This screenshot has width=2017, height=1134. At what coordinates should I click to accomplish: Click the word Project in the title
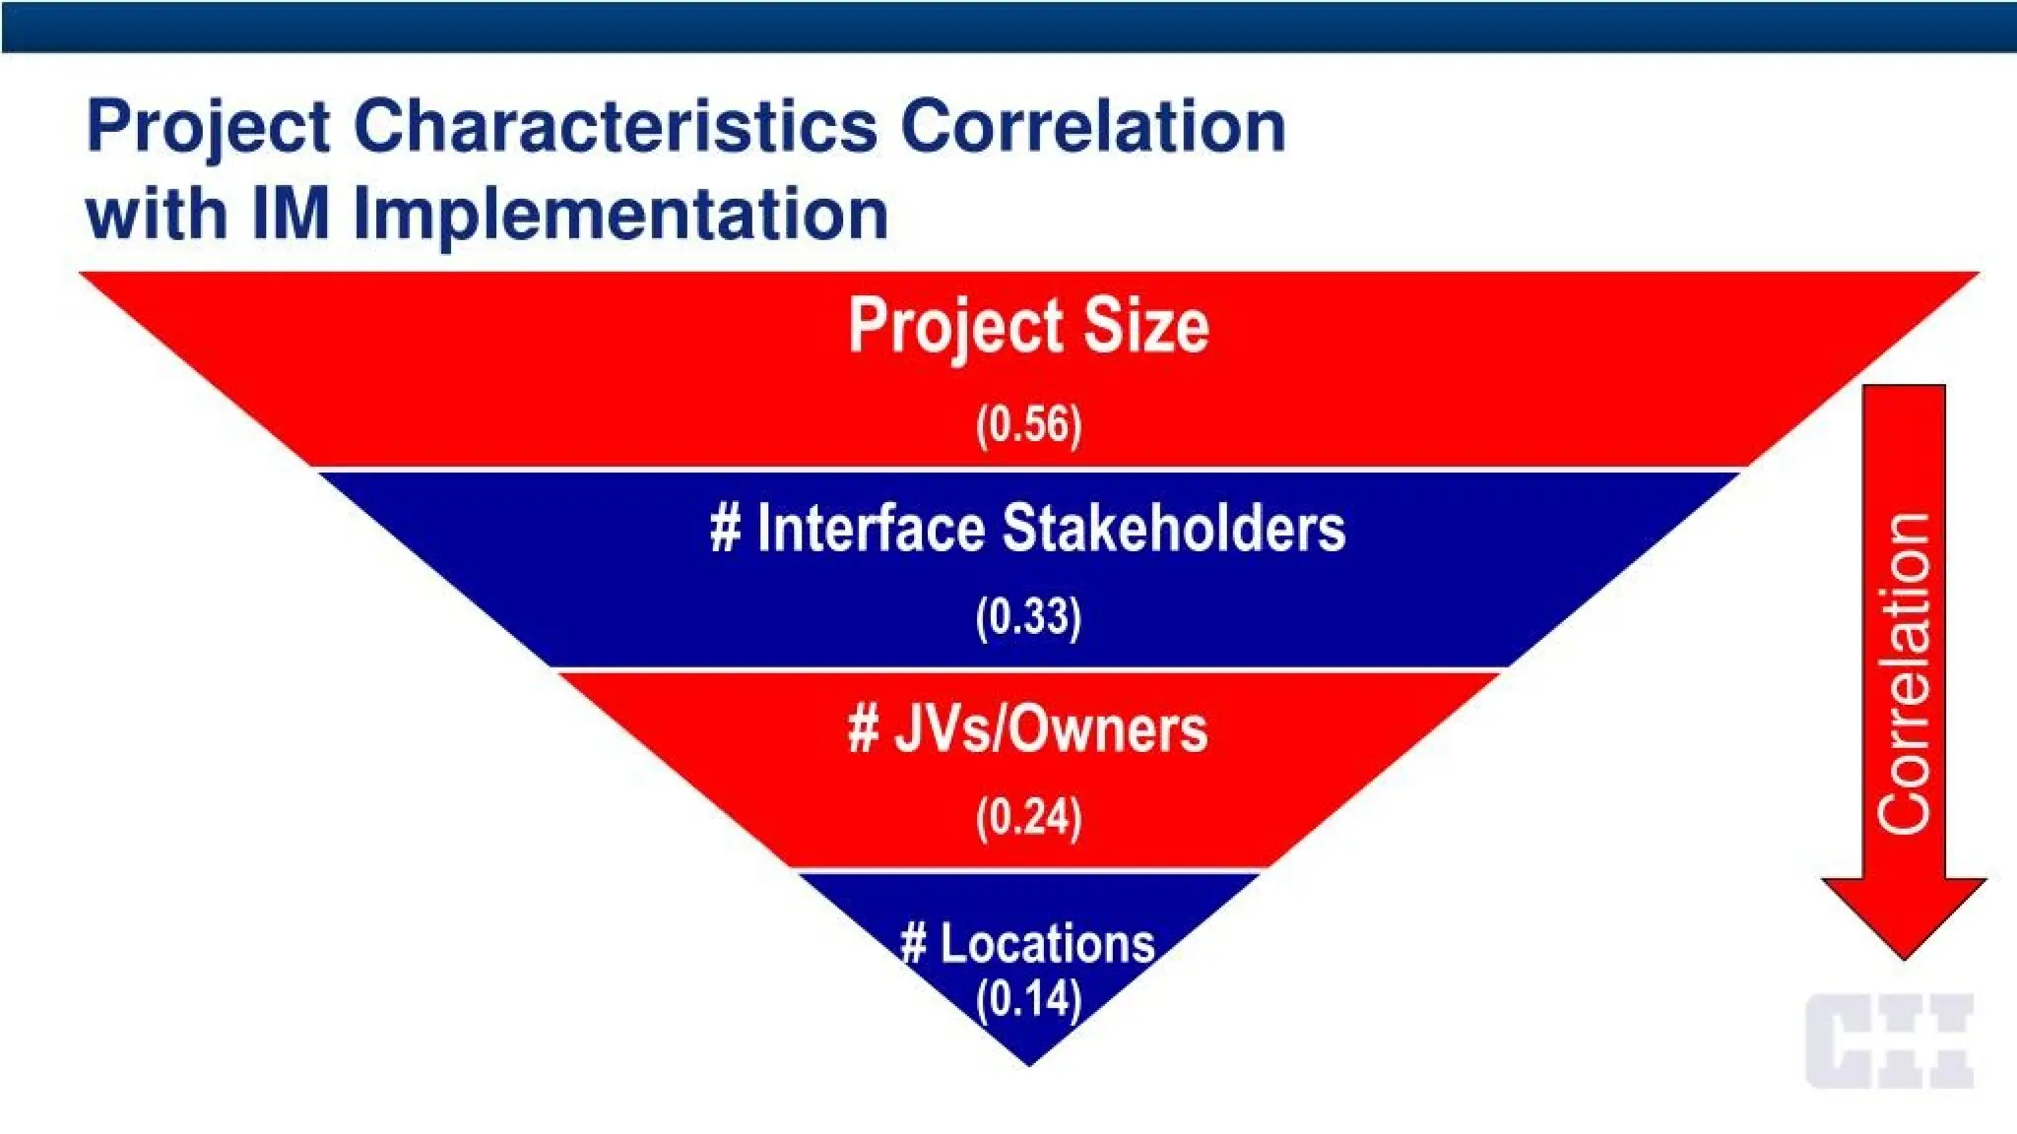click(x=207, y=128)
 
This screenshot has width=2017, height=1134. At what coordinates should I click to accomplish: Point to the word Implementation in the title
click(x=620, y=213)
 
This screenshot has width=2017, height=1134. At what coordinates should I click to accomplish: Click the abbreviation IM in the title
click(x=290, y=213)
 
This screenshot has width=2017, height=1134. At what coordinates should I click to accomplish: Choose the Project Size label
click(x=1028, y=326)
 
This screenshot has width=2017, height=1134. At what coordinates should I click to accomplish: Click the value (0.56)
click(x=1028, y=425)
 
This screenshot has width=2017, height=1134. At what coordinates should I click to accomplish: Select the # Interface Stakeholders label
click(x=1027, y=529)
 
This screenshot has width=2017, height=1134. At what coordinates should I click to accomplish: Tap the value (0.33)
click(x=1028, y=618)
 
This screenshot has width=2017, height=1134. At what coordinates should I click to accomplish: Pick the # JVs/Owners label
click(x=1027, y=729)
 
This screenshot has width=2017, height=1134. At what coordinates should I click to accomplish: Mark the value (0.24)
click(x=1028, y=818)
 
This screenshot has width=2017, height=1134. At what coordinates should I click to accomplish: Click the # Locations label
click(x=1027, y=943)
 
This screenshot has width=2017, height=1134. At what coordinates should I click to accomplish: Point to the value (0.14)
click(x=1028, y=999)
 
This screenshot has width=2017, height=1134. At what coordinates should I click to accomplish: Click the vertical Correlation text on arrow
click(x=1903, y=673)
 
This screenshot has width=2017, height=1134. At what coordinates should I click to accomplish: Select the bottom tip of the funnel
click(x=1028, y=1061)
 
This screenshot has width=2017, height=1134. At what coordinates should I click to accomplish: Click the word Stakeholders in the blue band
click(x=1173, y=529)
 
